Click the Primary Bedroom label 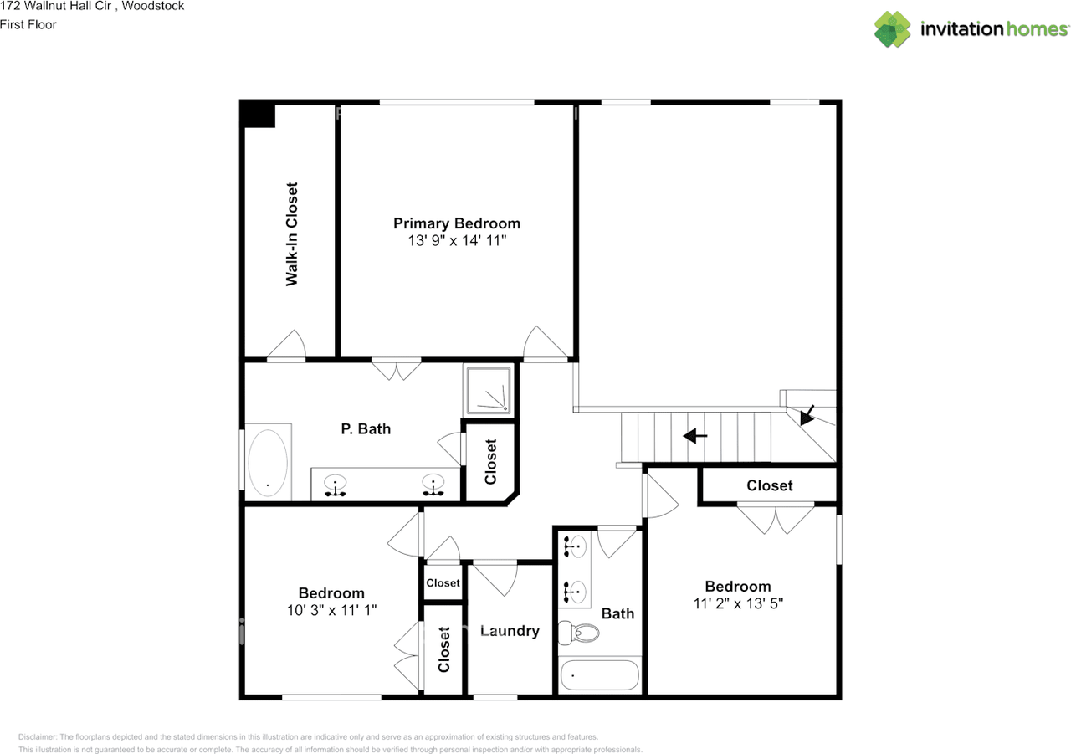click(x=457, y=223)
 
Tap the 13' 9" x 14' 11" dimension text click(x=457, y=241)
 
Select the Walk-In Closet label click(x=292, y=234)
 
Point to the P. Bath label click(x=366, y=429)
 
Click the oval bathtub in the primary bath click(x=267, y=464)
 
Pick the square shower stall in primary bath click(x=489, y=390)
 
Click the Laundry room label click(x=510, y=631)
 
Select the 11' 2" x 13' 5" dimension click(x=737, y=603)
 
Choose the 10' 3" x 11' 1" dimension click(x=331, y=611)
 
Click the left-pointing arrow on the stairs click(x=695, y=436)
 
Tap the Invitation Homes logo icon click(x=893, y=29)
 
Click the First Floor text click(x=28, y=24)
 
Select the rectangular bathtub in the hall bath click(x=598, y=675)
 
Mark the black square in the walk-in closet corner click(x=258, y=115)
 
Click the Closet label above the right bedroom click(x=770, y=485)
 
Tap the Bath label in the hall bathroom click(x=617, y=613)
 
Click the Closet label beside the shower click(x=491, y=462)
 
